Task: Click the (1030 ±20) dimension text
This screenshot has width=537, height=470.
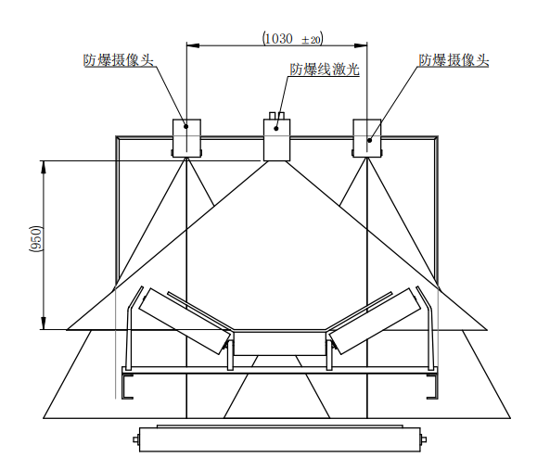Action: coord(293,39)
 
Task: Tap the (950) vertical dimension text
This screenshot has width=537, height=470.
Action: coord(36,238)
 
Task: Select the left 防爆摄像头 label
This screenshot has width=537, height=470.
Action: coord(119,60)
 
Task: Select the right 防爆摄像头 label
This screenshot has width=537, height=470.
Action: coord(454,60)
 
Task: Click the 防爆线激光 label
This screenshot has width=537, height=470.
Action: coord(325,70)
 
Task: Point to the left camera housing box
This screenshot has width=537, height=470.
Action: coord(186,138)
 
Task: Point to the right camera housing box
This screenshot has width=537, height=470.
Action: coord(367,138)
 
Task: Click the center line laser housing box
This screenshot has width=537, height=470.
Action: coord(276,140)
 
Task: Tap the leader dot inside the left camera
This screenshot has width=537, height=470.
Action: coord(186,126)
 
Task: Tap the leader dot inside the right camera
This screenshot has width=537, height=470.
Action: coord(369,140)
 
